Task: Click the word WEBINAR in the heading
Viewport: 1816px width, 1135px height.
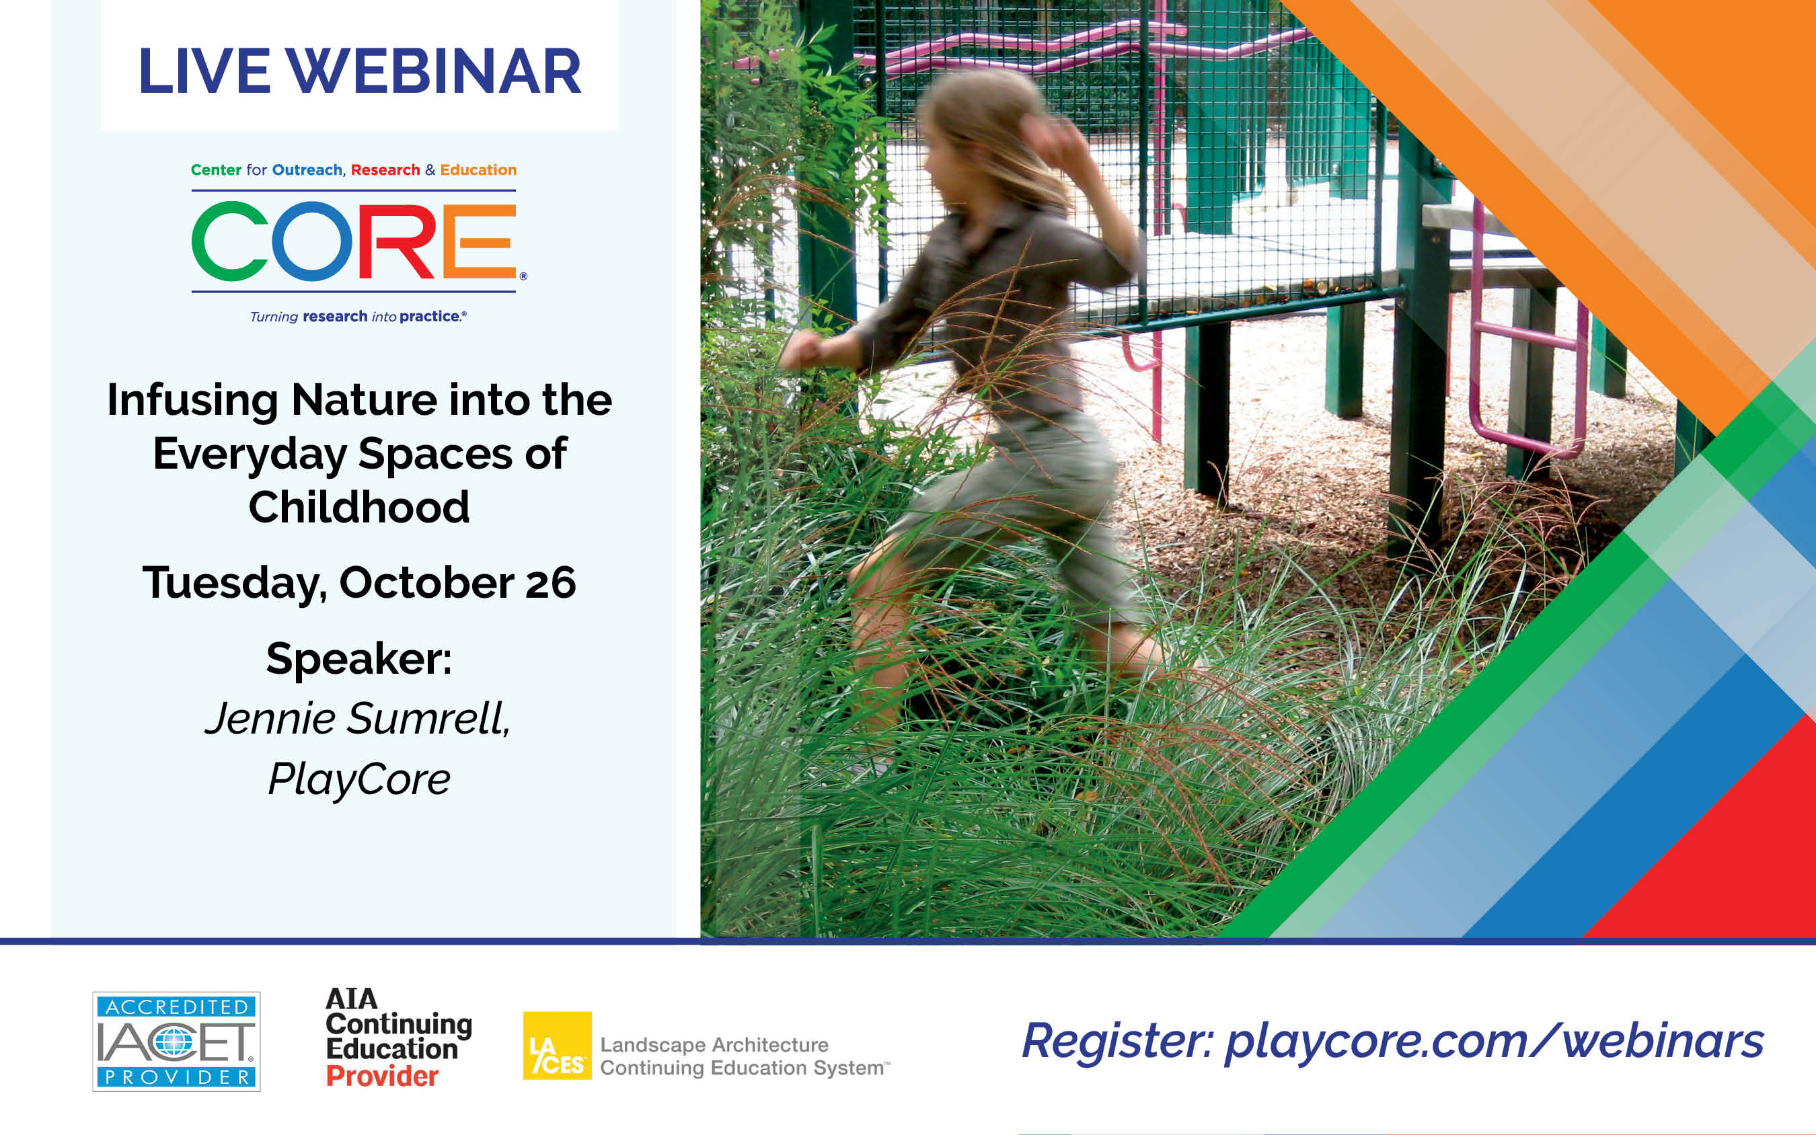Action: point(434,71)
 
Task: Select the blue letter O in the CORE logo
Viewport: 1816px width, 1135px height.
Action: point(312,241)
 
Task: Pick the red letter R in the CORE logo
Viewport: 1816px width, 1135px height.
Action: point(395,241)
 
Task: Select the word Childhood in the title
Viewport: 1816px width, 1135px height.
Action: point(360,507)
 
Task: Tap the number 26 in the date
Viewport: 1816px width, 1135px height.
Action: point(550,582)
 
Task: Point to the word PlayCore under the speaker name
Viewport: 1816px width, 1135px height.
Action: point(360,780)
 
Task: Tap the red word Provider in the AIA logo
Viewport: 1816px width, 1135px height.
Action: point(382,1077)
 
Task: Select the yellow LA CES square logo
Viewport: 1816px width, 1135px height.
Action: point(557,1046)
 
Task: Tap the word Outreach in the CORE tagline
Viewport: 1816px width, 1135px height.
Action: point(307,169)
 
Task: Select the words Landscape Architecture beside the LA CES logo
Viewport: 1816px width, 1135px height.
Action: point(714,1044)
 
